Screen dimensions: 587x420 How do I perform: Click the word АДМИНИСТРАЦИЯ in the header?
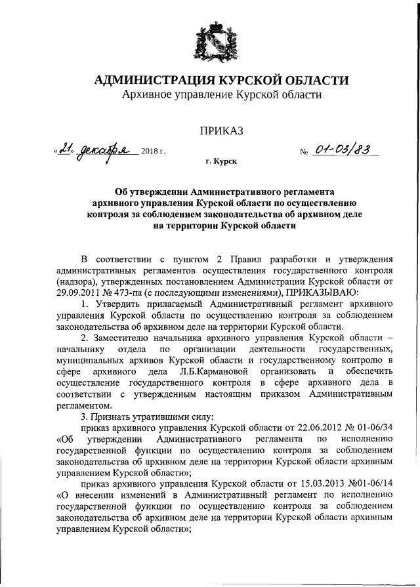pyautogui.click(x=148, y=81)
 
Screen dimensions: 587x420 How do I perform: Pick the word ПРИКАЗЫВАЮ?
pyautogui.click(x=320, y=292)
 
